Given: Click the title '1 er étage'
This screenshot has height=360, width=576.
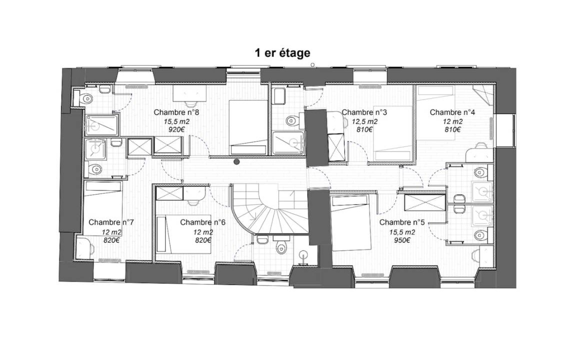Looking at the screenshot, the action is [x=282, y=53].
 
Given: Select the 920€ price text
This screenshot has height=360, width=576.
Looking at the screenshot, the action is [x=176, y=129].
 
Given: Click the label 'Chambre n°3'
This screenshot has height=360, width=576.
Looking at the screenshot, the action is [x=364, y=112].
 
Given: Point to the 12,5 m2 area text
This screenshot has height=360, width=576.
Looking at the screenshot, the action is [x=365, y=121].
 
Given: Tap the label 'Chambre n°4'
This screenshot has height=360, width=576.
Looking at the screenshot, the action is [x=452, y=112].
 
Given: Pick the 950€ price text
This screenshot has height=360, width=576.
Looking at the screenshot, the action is [x=402, y=240].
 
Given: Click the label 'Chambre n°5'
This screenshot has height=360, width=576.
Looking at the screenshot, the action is [x=402, y=222].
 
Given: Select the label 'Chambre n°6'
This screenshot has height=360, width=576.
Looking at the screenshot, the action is [x=203, y=222].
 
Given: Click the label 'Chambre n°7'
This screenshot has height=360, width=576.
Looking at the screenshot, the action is [x=111, y=222].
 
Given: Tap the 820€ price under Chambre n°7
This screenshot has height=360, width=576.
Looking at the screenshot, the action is [x=111, y=240].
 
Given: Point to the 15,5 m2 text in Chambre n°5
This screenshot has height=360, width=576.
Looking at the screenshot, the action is [x=402, y=232].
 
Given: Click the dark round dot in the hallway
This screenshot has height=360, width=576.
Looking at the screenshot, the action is [x=236, y=161].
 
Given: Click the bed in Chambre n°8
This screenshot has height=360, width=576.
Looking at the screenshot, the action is [x=248, y=127].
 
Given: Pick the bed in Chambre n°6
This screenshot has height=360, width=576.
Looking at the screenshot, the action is [x=183, y=234].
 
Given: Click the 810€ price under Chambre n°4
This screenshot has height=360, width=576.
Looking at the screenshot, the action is [x=452, y=129].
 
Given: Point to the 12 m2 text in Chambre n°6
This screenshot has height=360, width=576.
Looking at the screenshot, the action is [x=203, y=232].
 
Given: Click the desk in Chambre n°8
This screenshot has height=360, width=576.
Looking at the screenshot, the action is [x=190, y=93].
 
